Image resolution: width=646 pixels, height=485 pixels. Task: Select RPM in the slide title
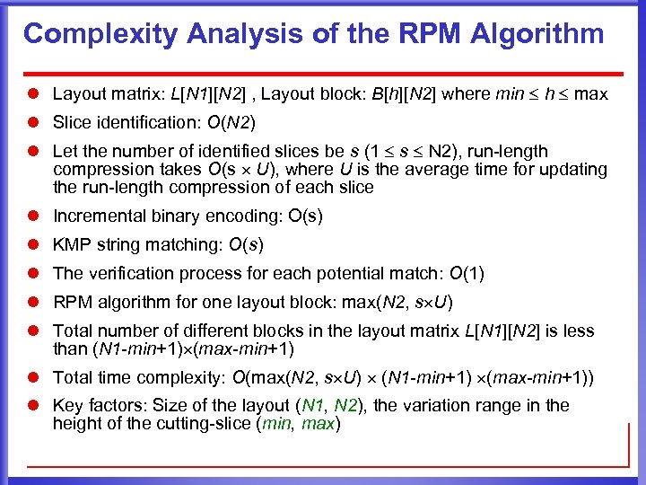[x=394, y=35]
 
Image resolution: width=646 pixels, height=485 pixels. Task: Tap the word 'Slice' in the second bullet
[x=73, y=122]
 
